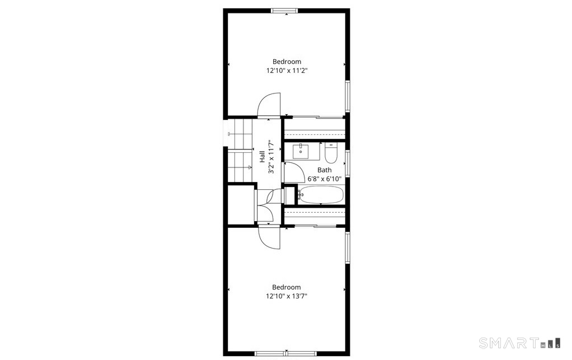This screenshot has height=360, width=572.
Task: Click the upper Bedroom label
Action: pyautogui.click(x=287, y=62)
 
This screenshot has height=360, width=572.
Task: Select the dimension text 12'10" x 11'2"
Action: pyautogui.click(x=287, y=71)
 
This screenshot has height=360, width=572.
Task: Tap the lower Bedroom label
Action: pyautogui.click(x=287, y=287)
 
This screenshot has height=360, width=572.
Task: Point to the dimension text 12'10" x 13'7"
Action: pyautogui.click(x=287, y=296)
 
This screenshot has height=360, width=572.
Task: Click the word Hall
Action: pyautogui.click(x=262, y=157)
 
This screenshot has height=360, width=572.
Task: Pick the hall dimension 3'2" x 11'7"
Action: pyautogui.click(x=271, y=157)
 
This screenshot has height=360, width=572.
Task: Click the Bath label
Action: pyautogui.click(x=324, y=170)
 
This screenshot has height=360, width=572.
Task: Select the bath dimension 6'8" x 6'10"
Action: pyautogui.click(x=324, y=179)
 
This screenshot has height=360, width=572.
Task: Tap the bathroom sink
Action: pyautogui.click(x=301, y=151)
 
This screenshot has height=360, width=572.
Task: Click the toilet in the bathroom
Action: pyautogui.click(x=331, y=153)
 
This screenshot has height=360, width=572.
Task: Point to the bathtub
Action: pyautogui.click(x=321, y=195)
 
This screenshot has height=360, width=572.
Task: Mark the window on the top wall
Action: pyautogui.click(x=284, y=11)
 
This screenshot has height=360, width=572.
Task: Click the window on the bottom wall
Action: pyautogui.click(x=285, y=353)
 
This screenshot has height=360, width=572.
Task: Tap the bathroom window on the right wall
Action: pyautogui.click(x=348, y=163)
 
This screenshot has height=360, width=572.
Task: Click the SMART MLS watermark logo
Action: pyautogui.click(x=519, y=343)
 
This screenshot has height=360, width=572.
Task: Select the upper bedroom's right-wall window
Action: pyautogui.click(x=348, y=96)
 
